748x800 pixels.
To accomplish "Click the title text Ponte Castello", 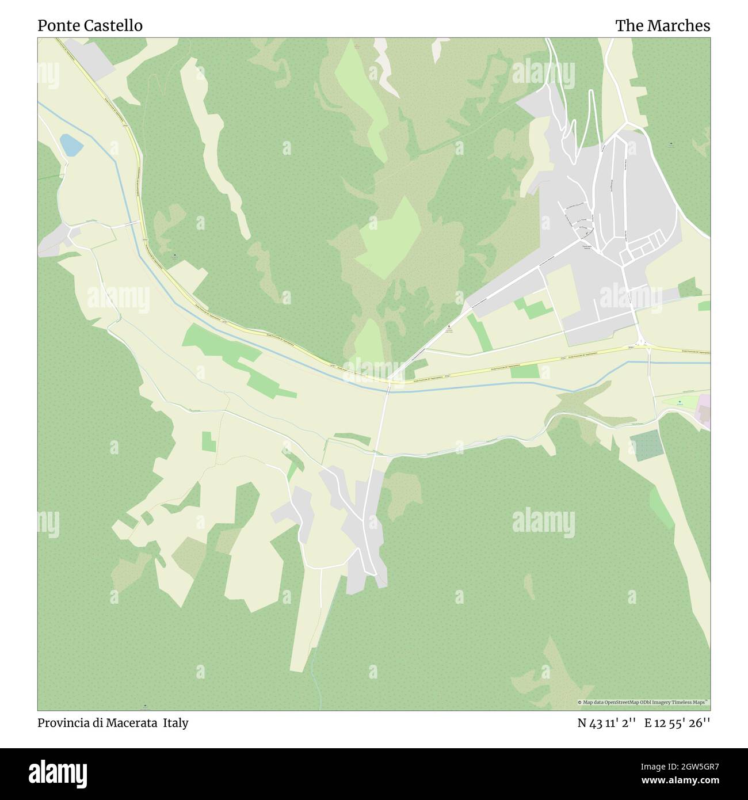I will click(x=90, y=26).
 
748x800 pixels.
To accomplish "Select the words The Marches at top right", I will click(x=662, y=26).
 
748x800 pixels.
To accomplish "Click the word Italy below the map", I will click(x=175, y=723).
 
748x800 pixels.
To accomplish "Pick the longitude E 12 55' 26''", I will click(x=677, y=723).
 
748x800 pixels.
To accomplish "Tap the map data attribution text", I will click(x=643, y=702).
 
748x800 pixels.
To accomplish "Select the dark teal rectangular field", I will click(x=645, y=445).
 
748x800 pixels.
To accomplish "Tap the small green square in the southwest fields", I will click(x=209, y=441).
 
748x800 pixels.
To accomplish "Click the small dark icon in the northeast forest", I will click(x=672, y=143).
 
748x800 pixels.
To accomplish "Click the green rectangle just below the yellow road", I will click(x=524, y=371).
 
